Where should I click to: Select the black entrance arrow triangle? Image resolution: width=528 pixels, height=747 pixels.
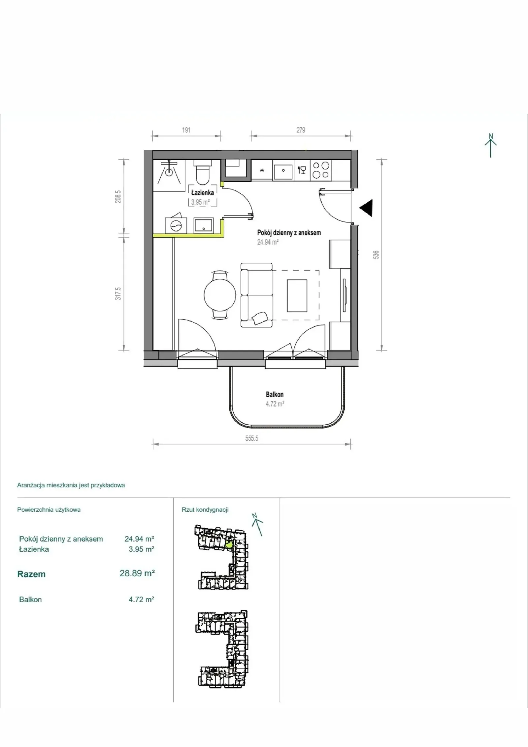tap(366, 208)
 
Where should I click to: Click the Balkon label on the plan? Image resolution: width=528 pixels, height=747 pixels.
tap(275, 394)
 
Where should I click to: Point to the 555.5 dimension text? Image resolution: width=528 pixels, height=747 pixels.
tap(251, 438)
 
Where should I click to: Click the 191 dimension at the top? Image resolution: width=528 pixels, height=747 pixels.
tap(186, 130)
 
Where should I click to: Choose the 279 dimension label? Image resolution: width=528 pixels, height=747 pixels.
tap(301, 130)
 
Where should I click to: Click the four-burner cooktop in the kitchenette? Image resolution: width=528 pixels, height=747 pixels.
tap(321, 170)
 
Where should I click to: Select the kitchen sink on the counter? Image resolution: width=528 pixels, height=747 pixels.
tap(283, 170)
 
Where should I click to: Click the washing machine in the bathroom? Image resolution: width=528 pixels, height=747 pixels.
tap(176, 226)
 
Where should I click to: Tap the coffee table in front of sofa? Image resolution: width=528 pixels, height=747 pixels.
tap(297, 295)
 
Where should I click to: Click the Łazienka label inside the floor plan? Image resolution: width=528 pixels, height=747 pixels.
tap(203, 192)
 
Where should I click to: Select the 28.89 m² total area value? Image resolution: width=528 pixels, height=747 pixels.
tap(137, 573)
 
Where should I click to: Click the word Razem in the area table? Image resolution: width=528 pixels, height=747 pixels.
tap(31, 574)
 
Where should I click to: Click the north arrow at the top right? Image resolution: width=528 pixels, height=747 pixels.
tap(491, 145)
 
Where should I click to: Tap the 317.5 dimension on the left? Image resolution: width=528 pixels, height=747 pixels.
tap(118, 293)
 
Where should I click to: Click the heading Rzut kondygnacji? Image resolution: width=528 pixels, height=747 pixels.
tap(205, 510)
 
